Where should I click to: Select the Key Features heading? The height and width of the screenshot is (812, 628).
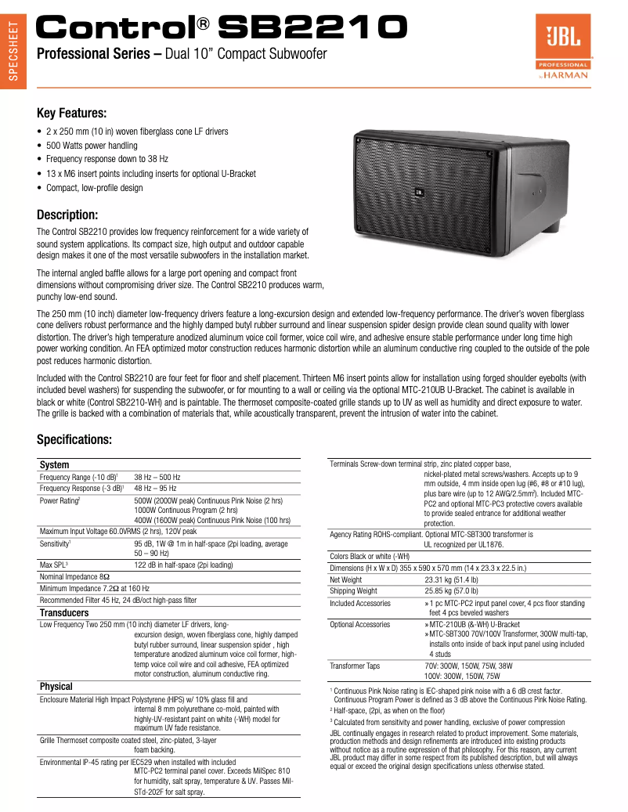(x=72, y=113)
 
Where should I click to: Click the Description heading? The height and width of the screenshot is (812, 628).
(x=67, y=215)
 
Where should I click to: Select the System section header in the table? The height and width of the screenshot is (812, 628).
(x=54, y=465)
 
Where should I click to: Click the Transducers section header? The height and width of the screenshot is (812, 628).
(x=64, y=612)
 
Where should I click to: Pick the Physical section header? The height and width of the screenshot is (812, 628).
(x=56, y=687)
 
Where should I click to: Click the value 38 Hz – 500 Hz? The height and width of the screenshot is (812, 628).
(x=157, y=477)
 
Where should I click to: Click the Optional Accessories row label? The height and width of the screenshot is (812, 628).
(x=360, y=624)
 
